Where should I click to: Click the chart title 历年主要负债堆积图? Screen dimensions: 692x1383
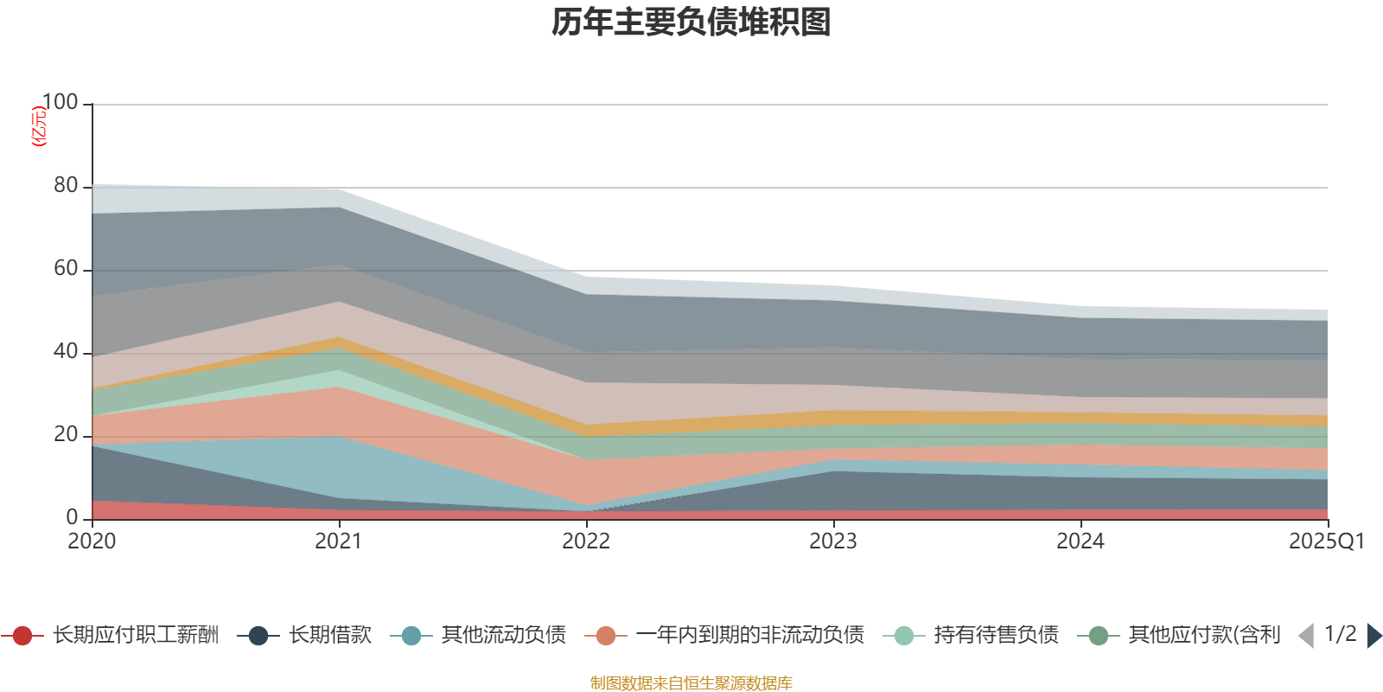[x=691, y=22]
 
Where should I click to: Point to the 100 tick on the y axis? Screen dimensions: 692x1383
[x=60, y=102]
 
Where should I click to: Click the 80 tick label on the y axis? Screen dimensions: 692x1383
[x=66, y=185]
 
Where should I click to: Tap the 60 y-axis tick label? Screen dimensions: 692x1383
[x=66, y=268]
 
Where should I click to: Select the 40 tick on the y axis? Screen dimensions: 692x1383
[x=66, y=351]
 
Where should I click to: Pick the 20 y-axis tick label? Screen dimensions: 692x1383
[x=66, y=434]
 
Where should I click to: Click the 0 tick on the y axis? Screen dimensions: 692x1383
[x=73, y=517]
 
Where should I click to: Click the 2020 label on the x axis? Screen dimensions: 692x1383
[x=92, y=541]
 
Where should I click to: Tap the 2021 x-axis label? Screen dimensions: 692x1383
[x=339, y=541]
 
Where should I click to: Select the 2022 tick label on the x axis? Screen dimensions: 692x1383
[x=586, y=541]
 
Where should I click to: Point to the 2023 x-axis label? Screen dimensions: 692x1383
[x=833, y=541]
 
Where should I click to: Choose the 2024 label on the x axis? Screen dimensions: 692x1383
[x=1080, y=541]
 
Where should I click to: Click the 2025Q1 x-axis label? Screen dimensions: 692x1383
[x=1326, y=541]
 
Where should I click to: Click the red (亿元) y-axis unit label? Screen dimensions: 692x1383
[x=38, y=126]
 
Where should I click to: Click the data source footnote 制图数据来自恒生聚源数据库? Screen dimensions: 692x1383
[x=691, y=683]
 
